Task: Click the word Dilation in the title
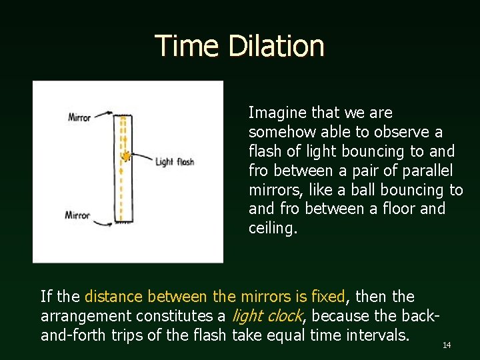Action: (x=275, y=47)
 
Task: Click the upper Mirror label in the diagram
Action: (x=79, y=118)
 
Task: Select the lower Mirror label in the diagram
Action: (x=77, y=215)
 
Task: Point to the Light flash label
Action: (x=175, y=161)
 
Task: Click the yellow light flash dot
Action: (x=124, y=156)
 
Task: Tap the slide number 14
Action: (x=447, y=345)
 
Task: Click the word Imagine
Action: (x=275, y=113)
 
